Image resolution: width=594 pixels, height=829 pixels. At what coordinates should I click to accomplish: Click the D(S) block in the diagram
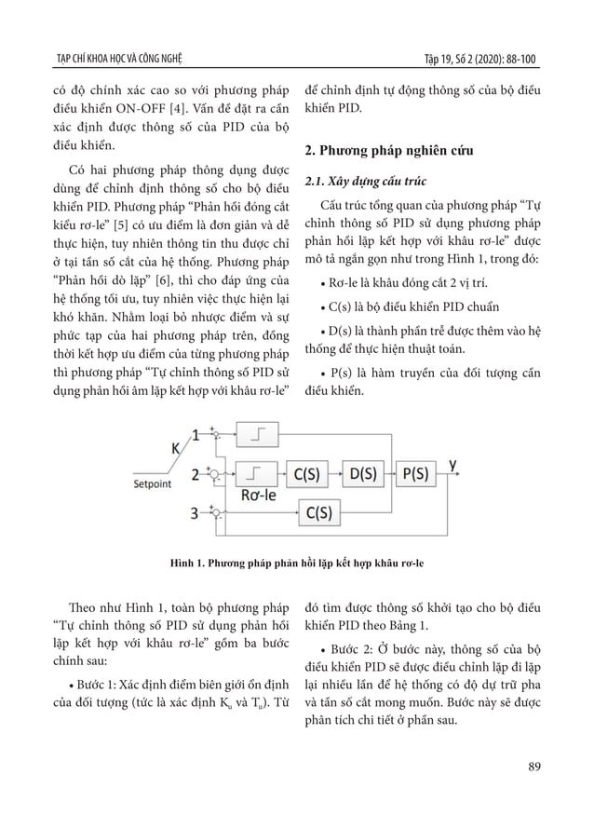pyautogui.click(x=362, y=474)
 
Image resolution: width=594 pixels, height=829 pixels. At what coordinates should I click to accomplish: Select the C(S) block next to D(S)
pyautogui.click(x=307, y=474)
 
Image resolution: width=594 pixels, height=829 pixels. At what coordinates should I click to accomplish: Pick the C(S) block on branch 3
pyautogui.click(x=319, y=511)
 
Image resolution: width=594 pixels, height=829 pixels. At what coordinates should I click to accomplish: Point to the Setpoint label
pyautogui.click(x=156, y=484)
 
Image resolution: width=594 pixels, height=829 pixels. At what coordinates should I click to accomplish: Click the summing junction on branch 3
pyautogui.click(x=214, y=512)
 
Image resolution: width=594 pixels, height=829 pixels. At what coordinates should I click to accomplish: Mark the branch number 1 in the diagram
pyautogui.click(x=196, y=434)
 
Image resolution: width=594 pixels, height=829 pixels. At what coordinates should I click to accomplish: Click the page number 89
pyautogui.click(x=534, y=767)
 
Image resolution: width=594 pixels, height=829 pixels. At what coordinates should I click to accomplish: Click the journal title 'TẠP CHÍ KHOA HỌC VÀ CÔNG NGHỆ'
pyautogui.click(x=119, y=61)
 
